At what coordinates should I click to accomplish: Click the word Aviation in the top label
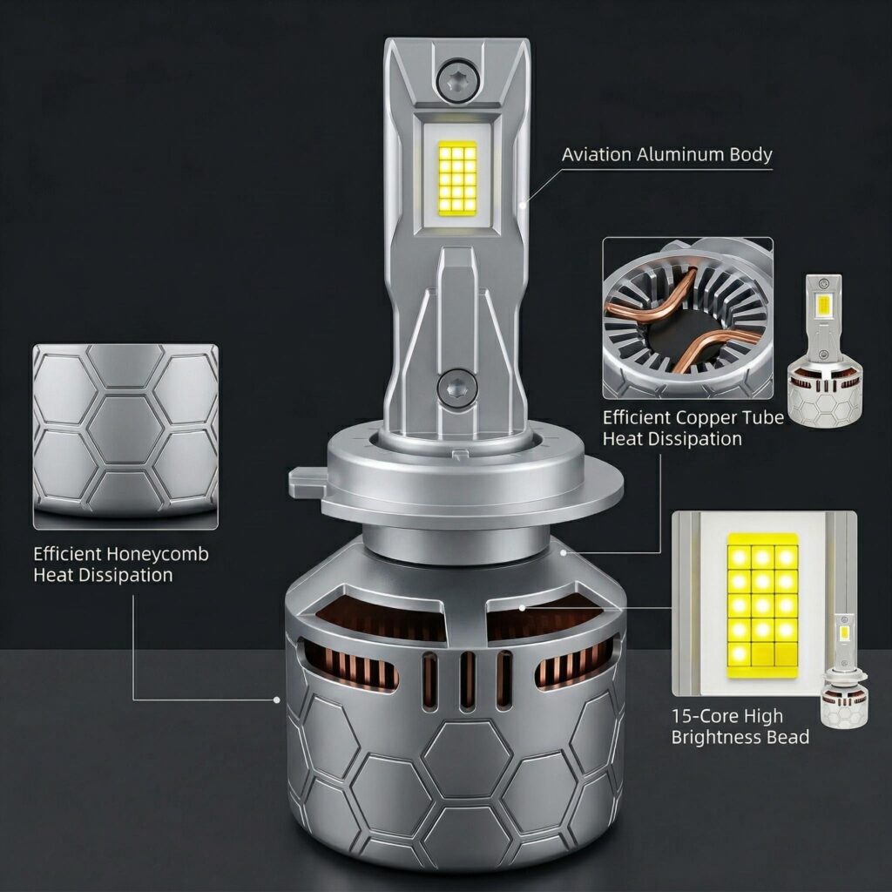click(x=597, y=154)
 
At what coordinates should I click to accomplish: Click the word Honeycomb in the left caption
click(x=158, y=555)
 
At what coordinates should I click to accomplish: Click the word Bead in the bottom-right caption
click(x=787, y=737)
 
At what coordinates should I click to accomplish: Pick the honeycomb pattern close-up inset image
click(x=125, y=436)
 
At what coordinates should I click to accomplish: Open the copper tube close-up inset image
click(x=688, y=318)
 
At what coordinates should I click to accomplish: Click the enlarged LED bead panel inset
click(x=764, y=604)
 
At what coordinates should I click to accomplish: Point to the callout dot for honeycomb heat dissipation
click(x=277, y=699)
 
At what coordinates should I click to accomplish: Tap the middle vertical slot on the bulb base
click(x=468, y=681)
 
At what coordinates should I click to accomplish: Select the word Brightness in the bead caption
click(x=717, y=738)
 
